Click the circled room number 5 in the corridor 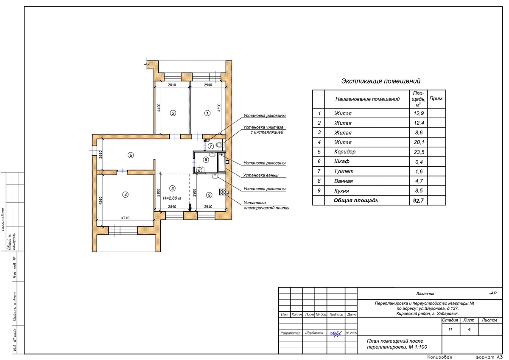(131, 155)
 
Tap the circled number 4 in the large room (125, 195)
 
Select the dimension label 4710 (125, 218)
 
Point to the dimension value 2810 (172, 85)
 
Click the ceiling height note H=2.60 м (172, 198)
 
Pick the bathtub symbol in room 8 (221, 162)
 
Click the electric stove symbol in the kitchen (222, 192)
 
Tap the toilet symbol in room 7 (219, 145)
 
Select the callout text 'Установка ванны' (260, 176)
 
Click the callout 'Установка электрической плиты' (266, 205)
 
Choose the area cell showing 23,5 (419, 152)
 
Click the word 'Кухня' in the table (341, 191)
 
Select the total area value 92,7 (418, 201)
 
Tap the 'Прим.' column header (436, 98)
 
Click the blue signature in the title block (336, 334)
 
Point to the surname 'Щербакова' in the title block (314, 333)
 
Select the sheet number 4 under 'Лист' (469, 329)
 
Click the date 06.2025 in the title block (351, 333)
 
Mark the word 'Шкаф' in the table (342, 162)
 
